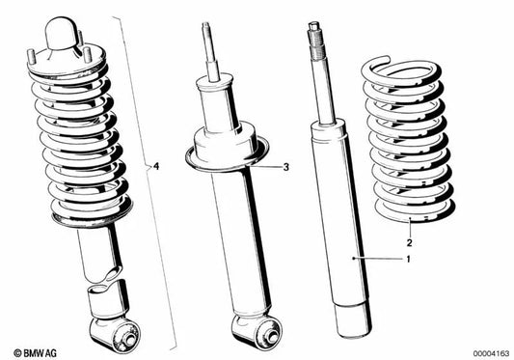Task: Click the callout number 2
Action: pos(409,242)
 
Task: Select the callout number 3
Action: pos(286,167)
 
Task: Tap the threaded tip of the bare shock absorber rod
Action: pos(316,36)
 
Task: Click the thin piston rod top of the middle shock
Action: pos(208,48)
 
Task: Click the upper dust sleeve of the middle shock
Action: pos(216,100)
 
